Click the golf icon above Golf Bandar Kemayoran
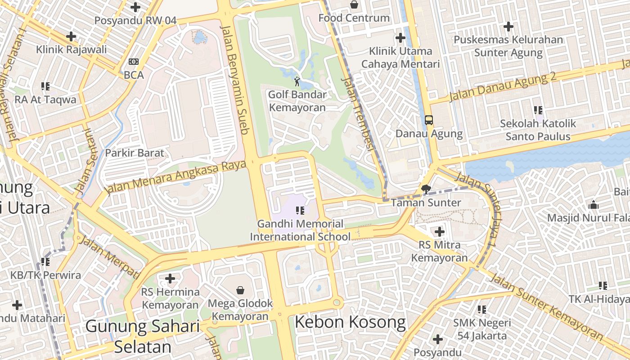(x=297, y=81)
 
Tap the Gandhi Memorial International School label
(x=300, y=230)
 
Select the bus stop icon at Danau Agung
(x=429, y=120)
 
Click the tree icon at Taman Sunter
(x=426, y=189)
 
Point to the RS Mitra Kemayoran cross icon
(x=440, y=232)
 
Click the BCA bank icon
(x=134, y=62)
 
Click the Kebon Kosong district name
(x=350, y=322)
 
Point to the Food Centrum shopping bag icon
(x=354, y=5)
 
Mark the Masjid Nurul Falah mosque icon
(x=594, y=205)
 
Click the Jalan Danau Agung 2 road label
(x=503, y=85)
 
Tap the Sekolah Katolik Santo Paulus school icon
(x=538, y=110)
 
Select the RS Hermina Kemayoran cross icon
(x=170, y=279)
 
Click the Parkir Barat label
(x=135, y=153)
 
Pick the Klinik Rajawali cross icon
(x=71, y=36)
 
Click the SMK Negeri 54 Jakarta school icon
(x=482, y=309)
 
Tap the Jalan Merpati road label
(x=109, y=256)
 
